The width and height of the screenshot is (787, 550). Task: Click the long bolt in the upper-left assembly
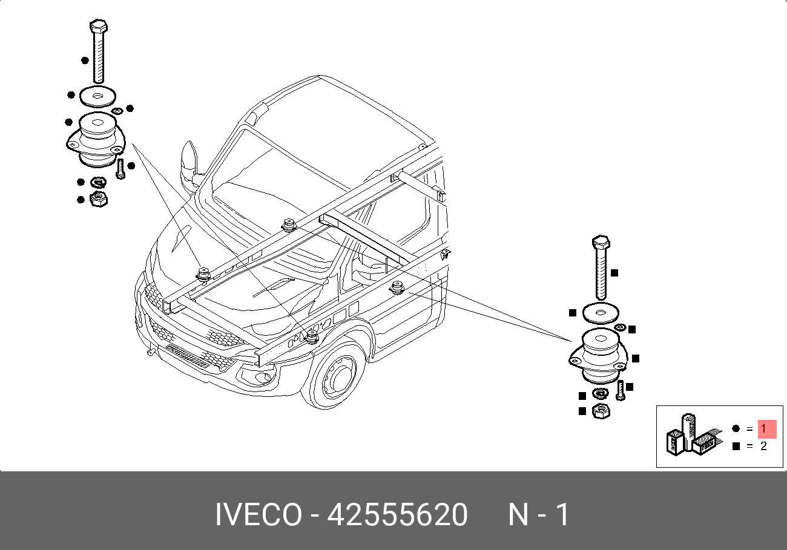pos(99,51)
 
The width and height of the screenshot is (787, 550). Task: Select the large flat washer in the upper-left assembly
pos(97,96)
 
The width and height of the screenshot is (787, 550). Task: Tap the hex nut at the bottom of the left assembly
pos(99,200)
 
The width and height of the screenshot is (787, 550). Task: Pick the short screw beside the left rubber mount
pos(120,169)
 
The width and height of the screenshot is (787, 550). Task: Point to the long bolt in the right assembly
pos(601,267)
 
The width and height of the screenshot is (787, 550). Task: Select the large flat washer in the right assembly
pos(601,313)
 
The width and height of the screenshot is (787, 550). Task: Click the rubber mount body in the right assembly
pos(600,355)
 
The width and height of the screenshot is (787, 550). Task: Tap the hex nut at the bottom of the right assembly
pos(601,411)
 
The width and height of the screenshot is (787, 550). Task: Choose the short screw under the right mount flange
pos(621,390)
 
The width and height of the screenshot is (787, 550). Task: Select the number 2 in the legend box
pos(763,446)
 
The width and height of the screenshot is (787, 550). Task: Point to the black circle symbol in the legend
pos(736,428)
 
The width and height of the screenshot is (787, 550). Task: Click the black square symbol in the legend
pos(736,446)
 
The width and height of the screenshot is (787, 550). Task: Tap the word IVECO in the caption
pos(258,514)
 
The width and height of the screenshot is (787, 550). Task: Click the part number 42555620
pos(397,514)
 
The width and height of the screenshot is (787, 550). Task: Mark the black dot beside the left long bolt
pos(85,61)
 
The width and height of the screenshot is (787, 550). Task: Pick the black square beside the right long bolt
pos(614,273)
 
